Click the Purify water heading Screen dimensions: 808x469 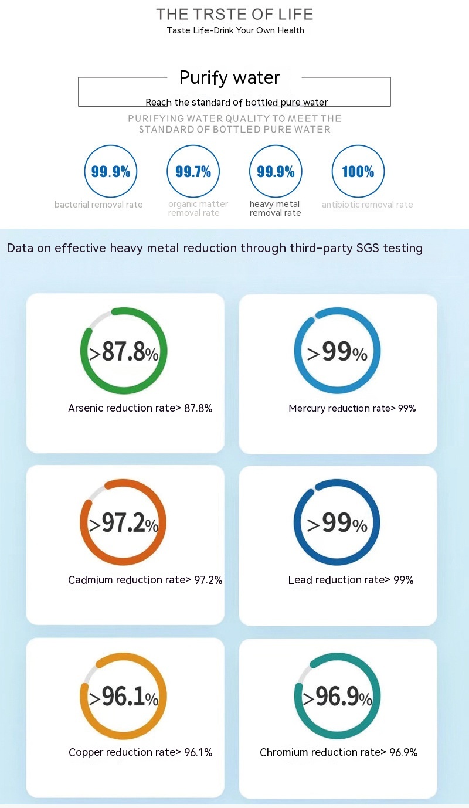tap(230, 77)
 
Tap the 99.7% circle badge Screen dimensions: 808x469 tap(193, 171)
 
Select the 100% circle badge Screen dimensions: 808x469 tap(358, 171)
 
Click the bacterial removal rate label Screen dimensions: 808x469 tap(98, 205)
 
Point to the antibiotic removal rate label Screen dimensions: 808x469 tap(367, 205)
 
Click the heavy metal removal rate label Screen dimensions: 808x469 tap(275, 208)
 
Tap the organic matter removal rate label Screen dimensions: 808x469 tap(198, 208)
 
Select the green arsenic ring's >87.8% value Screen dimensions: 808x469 tap(124, 352)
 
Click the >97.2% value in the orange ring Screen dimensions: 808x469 tap(124, 523)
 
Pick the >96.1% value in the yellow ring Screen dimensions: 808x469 tap(124, 696)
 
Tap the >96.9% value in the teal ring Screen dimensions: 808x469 tap(337, 696)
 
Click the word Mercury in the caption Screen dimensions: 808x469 tap(307, 408)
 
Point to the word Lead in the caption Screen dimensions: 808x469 tap(300, 580)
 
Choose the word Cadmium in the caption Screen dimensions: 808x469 tap(90, 580)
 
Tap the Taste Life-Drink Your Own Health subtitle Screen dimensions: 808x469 tap(235, 30)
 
